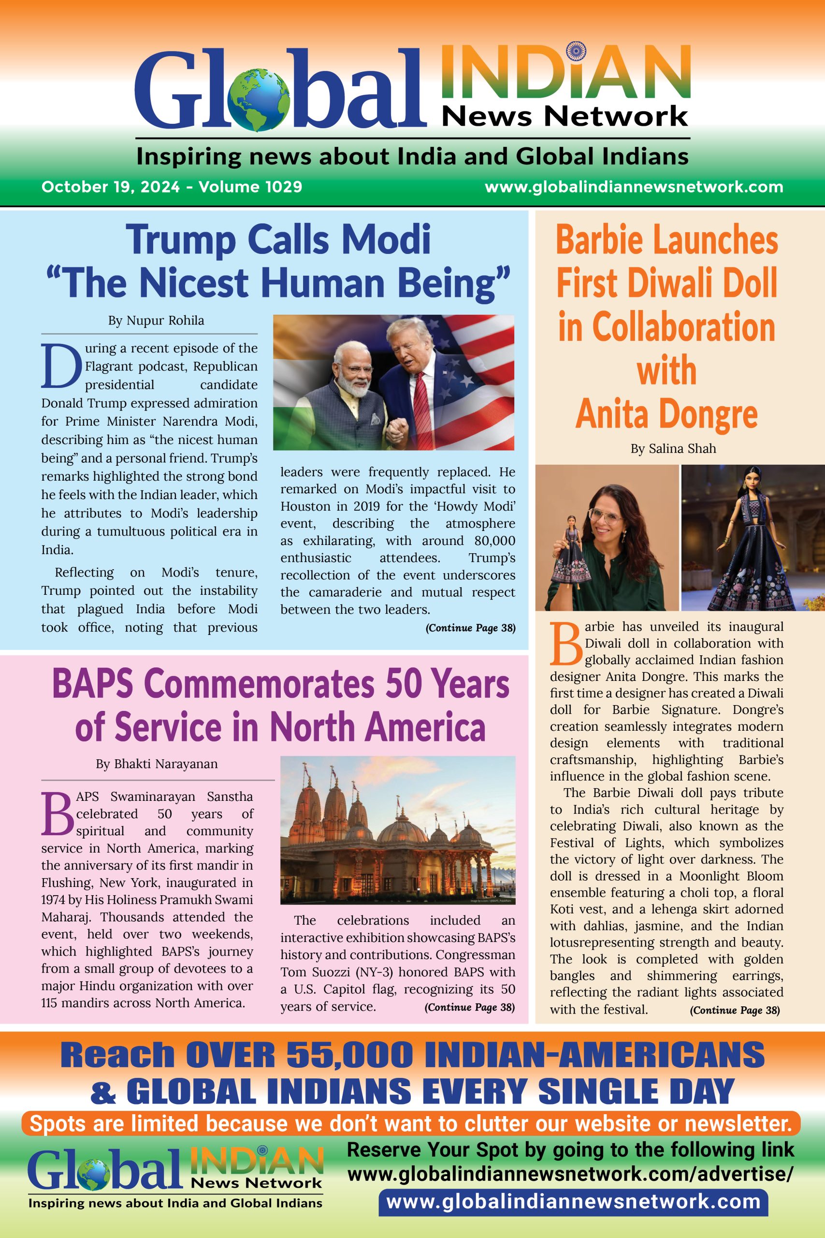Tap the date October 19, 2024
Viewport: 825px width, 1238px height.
[x=111, y=187]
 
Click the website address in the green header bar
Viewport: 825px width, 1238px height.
[x=634, y=187]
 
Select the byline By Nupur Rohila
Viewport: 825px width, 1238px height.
[x=156, y=321]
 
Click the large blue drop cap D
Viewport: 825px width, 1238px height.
[x=61, y=365]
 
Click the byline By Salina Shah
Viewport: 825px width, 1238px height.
[x=673, y=448]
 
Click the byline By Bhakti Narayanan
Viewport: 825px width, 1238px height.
[x=157, y=764]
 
